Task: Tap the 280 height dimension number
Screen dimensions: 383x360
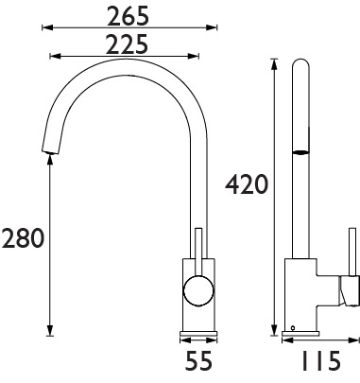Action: click(x=23, y=239)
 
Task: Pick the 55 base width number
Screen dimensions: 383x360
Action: click(x=198, y=362)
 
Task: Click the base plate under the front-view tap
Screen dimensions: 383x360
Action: click(x=198, y=332)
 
